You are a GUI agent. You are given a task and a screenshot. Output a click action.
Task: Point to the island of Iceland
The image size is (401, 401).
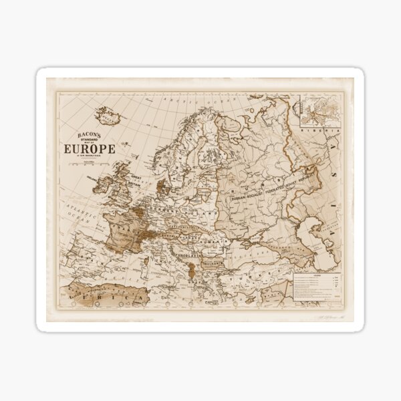pos(106,116)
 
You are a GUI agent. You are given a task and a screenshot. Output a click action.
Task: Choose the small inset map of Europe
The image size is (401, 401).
pos(319,110)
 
